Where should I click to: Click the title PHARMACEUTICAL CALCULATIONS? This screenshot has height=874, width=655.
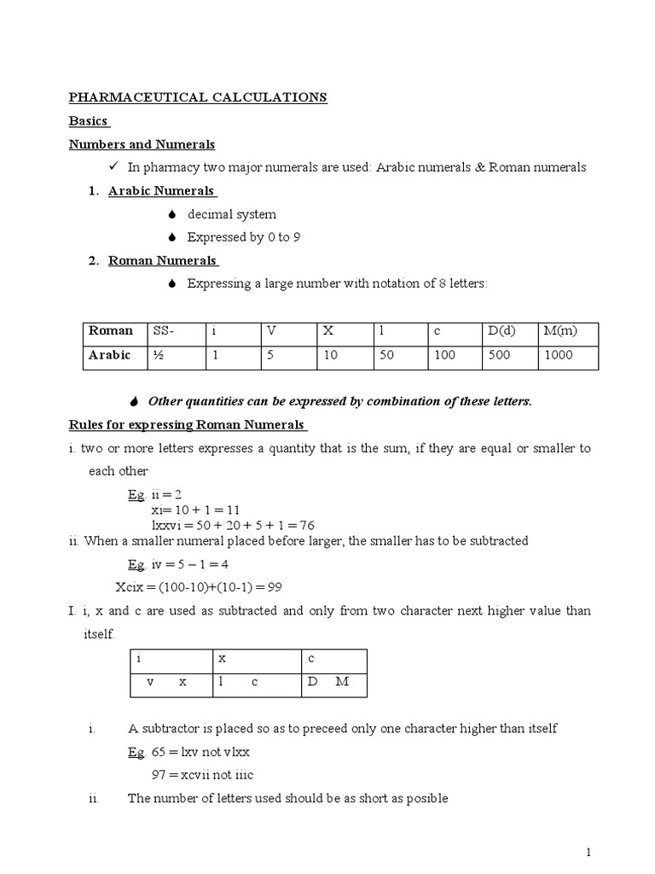[198, 98]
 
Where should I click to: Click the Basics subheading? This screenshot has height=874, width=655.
[89, 121]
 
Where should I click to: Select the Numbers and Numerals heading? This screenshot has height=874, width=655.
[142, 144]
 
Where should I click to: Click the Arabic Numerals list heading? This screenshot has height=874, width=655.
[161, 190]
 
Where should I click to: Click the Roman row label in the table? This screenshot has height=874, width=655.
[110, 331]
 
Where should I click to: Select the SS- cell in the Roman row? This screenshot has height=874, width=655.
[162, 331]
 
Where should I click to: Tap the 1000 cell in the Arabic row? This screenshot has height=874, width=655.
[558, 356]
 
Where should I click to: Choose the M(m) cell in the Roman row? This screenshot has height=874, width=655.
[559, 331]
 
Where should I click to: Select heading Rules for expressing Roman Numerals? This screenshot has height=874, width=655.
[188, 425]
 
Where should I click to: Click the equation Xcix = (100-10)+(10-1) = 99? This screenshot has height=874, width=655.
[198, 587]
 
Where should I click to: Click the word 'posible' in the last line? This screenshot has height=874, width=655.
[428, 799]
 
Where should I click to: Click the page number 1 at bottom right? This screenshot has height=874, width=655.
[588, 852]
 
